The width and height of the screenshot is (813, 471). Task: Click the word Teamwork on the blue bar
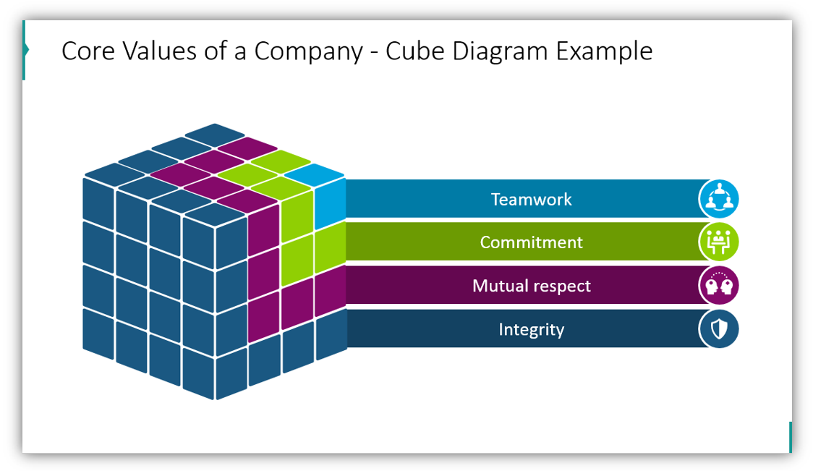click(x=531, y=200)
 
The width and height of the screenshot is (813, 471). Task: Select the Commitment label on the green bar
click(x=531, y=242)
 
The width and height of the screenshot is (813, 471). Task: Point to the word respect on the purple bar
click(x=562, y=287)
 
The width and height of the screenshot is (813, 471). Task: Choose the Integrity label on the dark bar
click(x=531, y=330)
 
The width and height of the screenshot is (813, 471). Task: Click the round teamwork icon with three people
click(x=719, y=199)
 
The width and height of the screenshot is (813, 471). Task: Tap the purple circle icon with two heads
click(x=719, y=286)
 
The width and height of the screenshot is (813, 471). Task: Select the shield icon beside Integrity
click(x=719, y=330)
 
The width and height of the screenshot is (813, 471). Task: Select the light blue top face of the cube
click(x=315, y=173)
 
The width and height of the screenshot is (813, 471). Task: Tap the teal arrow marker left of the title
click(x=25, y=50)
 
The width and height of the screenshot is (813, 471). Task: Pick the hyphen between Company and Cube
click(x=373, y=53)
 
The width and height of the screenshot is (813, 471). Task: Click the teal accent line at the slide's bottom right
click(x=790, y=437)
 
